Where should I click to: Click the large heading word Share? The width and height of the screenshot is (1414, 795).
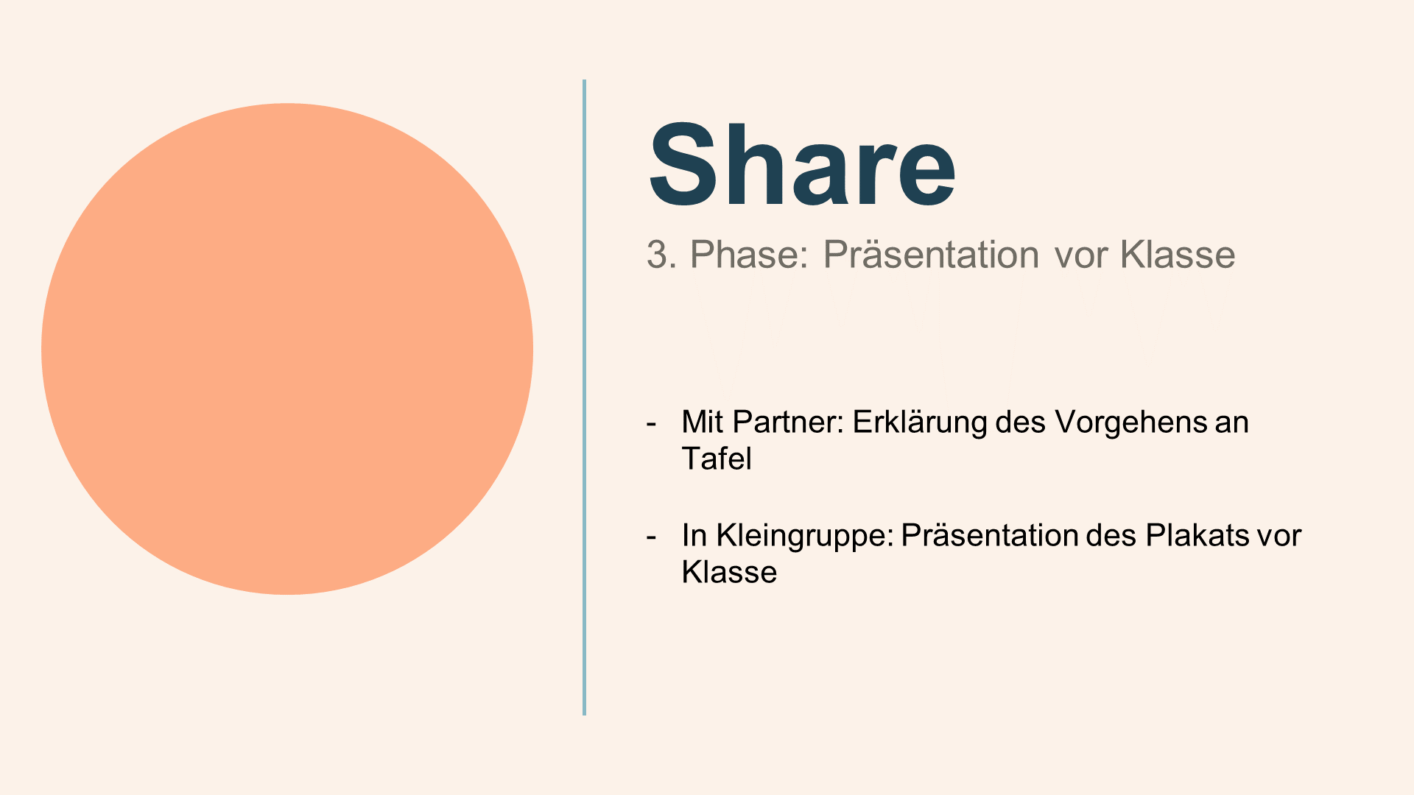tap(802, 166)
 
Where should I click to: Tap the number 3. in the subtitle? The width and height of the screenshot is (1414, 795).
tap(661, 255)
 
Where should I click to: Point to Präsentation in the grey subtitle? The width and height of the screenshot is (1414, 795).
tap(931, 255)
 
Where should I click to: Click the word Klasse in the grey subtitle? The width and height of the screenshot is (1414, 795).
tap(1178, 255)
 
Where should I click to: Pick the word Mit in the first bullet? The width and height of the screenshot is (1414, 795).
tap(703, 422)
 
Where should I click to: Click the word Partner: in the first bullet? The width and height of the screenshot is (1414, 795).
tap(788, 422)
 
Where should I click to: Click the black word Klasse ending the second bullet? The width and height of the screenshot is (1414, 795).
tap(729, 572)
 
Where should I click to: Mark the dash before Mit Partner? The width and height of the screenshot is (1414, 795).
tap(651, 425)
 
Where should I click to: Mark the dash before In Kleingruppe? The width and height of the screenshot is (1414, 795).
tap(651, 538)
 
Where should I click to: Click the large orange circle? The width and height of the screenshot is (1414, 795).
tap(287, 349)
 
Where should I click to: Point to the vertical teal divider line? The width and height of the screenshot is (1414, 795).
tap(584, 397)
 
